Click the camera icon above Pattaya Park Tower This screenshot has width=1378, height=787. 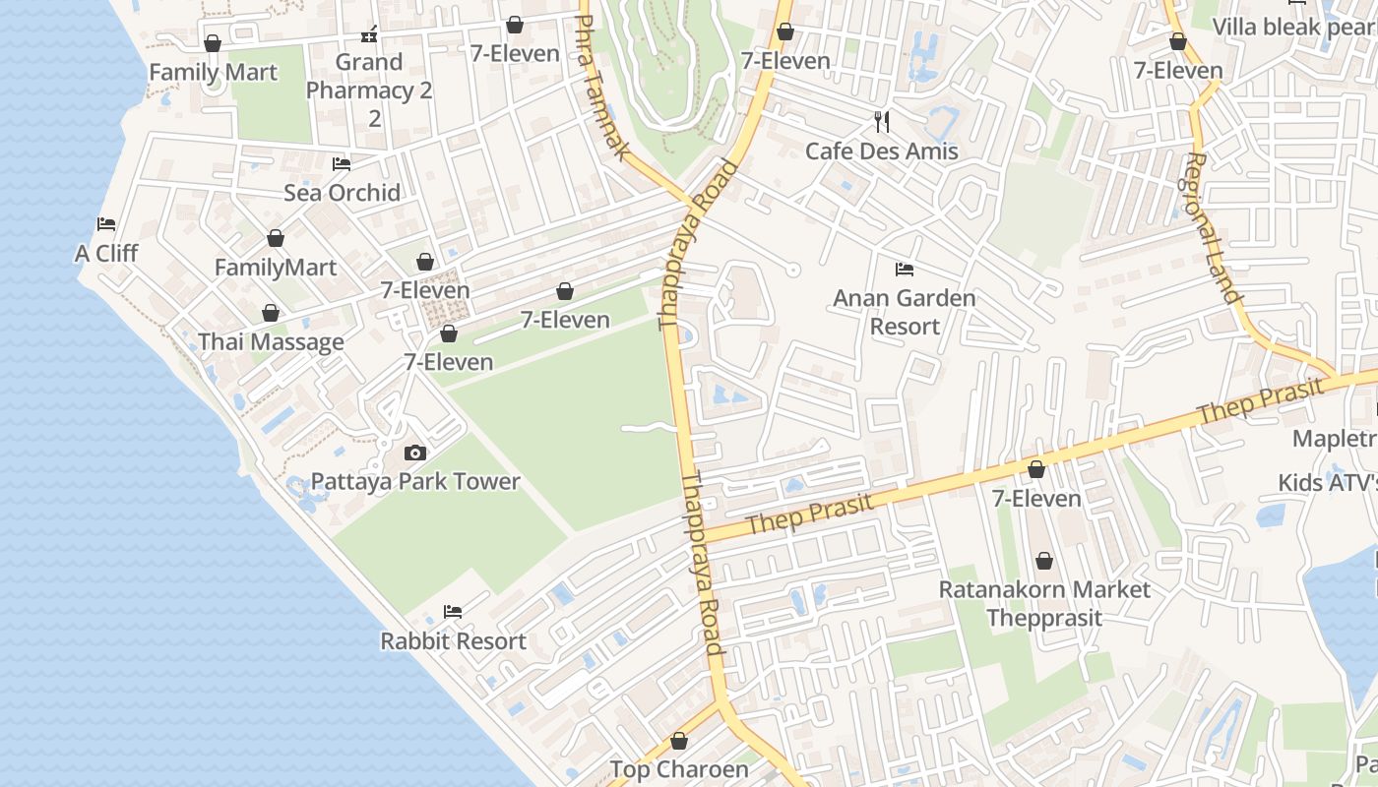415,453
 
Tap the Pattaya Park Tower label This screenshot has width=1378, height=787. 415,481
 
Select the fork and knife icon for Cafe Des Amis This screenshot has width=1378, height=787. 882,122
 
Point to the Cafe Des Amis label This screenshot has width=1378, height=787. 882,151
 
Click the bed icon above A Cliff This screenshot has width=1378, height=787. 106,224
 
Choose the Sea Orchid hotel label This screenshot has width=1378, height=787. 342,193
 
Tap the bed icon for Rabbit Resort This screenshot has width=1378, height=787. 453,612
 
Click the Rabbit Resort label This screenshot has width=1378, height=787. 453,641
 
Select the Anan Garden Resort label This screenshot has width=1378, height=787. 905,312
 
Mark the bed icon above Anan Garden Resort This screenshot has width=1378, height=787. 905,270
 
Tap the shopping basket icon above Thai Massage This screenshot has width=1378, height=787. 271,313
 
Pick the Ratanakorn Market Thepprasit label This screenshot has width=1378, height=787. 1044,604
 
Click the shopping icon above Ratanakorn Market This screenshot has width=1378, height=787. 1044,561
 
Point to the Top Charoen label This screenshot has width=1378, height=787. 679,769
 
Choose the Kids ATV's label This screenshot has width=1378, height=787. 1327,483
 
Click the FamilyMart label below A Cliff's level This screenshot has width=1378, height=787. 276,268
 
